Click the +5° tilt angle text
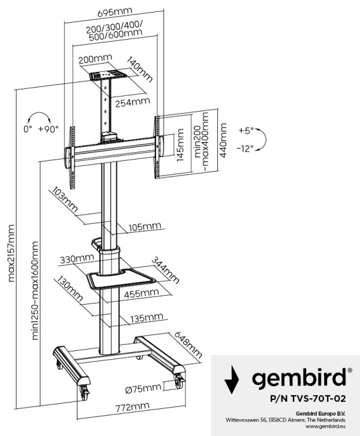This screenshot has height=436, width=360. (245, 130)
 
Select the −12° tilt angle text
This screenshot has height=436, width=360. (245, 148)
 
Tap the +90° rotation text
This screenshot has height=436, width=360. (48, 129)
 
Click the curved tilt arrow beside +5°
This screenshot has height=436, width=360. (265, 139)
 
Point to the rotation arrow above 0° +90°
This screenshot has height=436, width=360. (38, 116)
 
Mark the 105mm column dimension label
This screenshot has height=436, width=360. (144, 227)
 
